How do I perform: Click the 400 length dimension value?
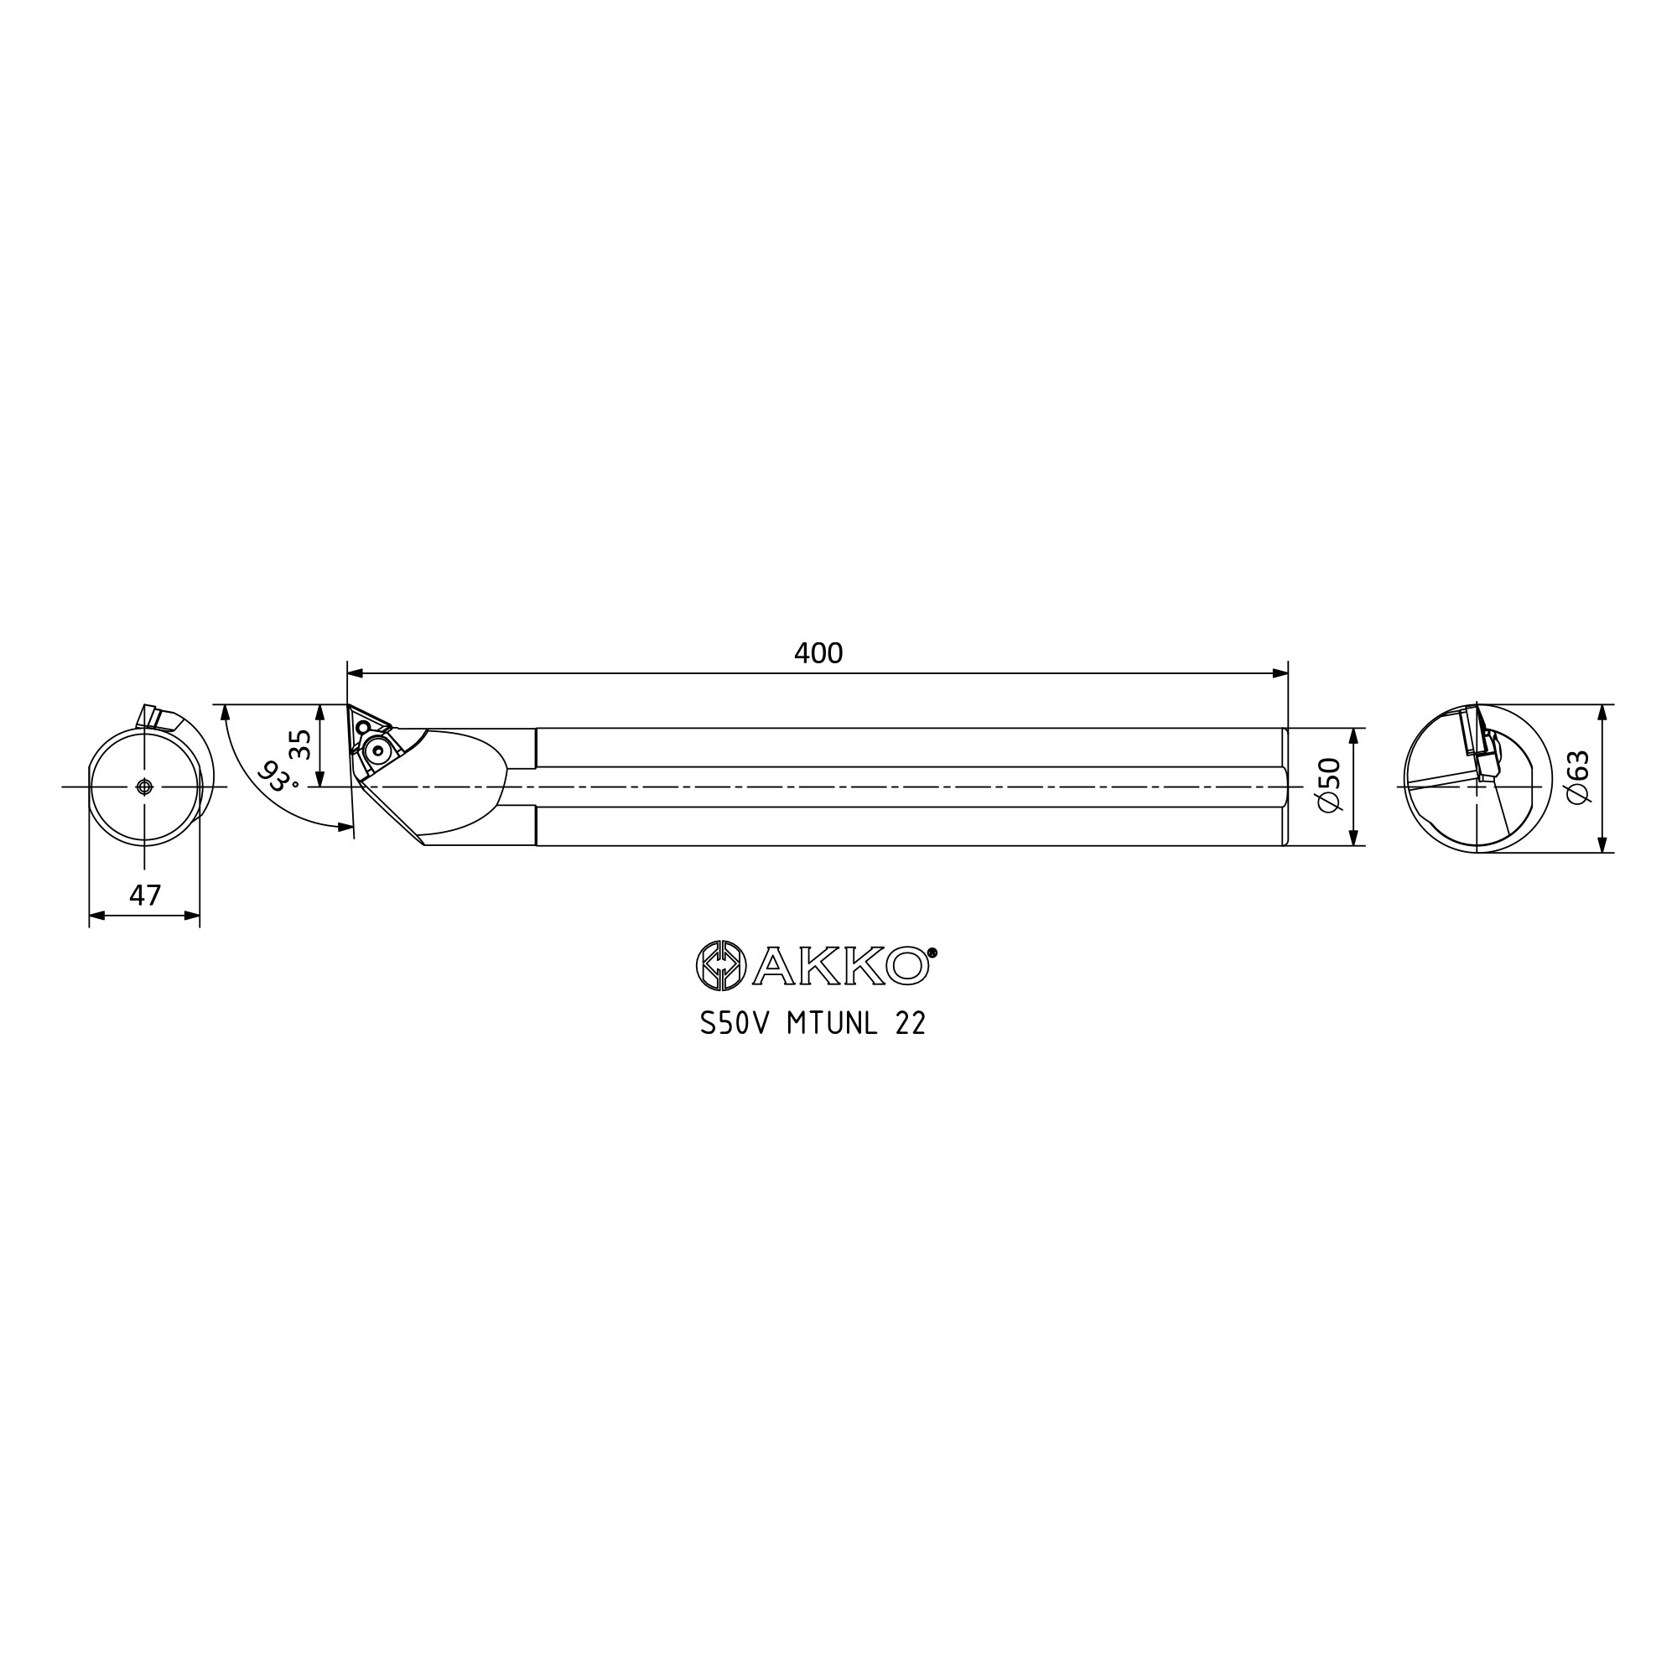pos(818,654)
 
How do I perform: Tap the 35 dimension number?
pos(300,745)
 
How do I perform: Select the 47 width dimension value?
pos(145,895)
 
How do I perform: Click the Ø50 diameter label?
pos(1330,786)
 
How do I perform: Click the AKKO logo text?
pos(840,965)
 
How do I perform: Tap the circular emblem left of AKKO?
pos(720,965)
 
